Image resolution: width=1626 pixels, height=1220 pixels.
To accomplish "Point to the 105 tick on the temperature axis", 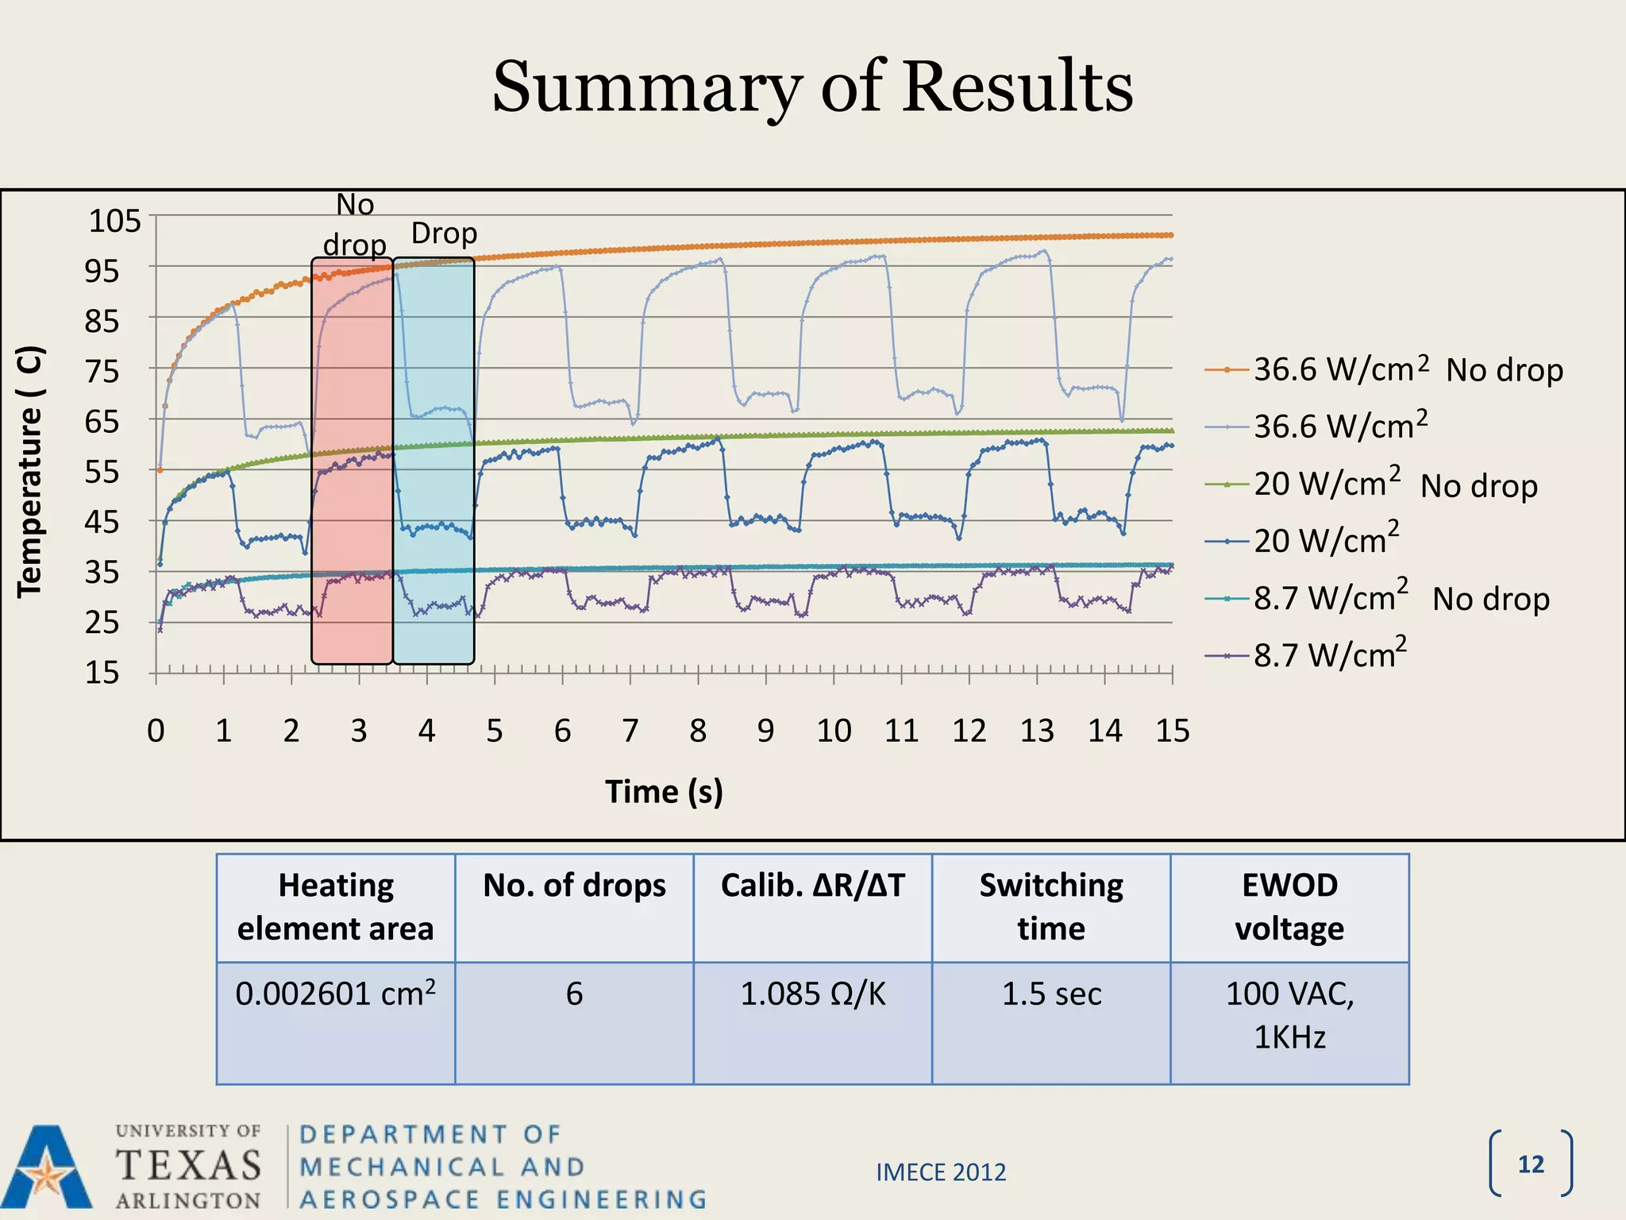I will coord(114,220).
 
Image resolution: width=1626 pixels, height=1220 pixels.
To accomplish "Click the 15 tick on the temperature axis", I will coord(102,673).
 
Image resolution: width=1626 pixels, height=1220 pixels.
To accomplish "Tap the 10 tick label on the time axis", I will coord(834,731).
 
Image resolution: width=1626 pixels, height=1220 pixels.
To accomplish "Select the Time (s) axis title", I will coord(664,792).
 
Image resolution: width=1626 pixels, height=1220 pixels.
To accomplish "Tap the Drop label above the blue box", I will coord(444,234).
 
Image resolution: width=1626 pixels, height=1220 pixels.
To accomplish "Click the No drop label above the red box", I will coord(355,225).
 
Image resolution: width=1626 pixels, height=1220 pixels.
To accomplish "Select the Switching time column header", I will coord(1051,906).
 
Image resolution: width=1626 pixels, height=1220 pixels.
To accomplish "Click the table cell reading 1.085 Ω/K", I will coord(812,994).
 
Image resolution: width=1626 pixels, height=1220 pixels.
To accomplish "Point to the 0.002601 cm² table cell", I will coord(335,994).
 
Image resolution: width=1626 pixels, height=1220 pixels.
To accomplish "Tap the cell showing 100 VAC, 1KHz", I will coord(1289,1015).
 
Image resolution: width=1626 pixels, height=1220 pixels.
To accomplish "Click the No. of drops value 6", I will coord(574,994).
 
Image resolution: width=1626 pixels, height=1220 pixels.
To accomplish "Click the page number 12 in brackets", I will coord(1531,1164).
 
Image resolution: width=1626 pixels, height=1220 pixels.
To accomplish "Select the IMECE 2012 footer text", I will coord(941,1172).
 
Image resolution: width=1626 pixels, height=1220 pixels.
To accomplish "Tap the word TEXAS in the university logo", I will coord(188,1165).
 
